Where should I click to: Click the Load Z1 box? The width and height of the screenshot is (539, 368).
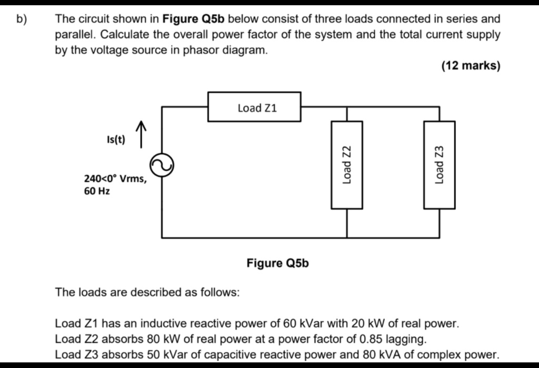[x=255, y=107]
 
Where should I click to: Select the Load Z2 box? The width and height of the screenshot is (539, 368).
[x=346, y=165]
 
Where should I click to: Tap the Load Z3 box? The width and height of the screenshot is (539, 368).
[x=440, y=165]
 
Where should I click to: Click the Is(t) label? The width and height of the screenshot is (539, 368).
[x=115, y=140]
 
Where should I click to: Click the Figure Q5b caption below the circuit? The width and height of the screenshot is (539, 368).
[x=278, y=262]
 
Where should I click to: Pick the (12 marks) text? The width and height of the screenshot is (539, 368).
[x=471, y=66]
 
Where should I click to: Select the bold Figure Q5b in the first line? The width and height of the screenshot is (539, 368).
[x=194, y=19]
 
